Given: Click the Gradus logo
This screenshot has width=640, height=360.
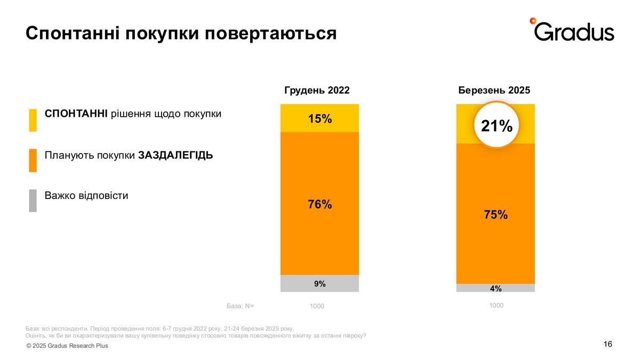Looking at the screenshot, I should click(572, 30).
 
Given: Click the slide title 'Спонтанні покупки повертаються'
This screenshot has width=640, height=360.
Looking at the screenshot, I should click(181, 33).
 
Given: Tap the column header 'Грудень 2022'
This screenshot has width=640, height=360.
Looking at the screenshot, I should click(317, 90).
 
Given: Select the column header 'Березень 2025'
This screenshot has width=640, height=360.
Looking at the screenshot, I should click(494, 90).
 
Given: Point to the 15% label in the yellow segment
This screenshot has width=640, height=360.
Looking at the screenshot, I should click(320, 118).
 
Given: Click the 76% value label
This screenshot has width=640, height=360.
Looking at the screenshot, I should click(320, 204).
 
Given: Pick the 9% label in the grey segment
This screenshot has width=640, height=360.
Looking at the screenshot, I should click(320, 284).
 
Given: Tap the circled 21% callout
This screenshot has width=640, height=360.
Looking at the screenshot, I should click(497, 126).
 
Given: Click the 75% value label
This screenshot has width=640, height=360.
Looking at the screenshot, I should click(496, 215).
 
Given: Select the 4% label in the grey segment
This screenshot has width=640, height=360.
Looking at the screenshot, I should click(495, 289).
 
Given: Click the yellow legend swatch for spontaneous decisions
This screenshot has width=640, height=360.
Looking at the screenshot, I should click(33, 120).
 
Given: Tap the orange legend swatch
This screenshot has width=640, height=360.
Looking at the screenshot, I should click(33, 160).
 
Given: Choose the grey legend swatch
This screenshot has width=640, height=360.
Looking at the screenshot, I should click(33, 201).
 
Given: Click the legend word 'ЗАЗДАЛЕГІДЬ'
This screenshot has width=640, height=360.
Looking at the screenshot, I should click(175, 155).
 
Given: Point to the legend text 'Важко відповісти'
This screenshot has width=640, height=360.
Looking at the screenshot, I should click(86, 195).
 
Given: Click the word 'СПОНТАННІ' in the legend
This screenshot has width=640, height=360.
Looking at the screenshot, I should click(76, 114).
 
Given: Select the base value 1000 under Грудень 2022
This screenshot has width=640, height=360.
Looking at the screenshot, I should click(317, 306).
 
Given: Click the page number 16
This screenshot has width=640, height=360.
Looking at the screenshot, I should click(607, 344).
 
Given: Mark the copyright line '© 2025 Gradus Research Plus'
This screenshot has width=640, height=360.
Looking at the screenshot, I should click(67, 346).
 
